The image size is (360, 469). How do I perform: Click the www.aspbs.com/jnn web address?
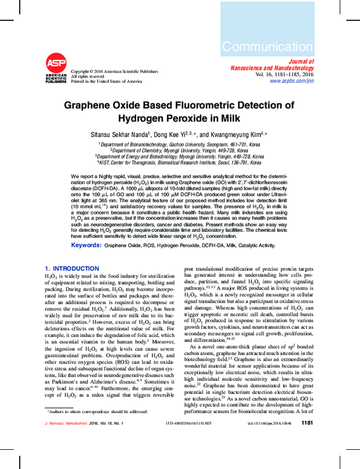click(292, 81)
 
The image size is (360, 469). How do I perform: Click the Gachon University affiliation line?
click(180, 145)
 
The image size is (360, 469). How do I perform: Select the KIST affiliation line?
click(180, 162)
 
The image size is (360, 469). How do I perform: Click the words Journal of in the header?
click(301, 62)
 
